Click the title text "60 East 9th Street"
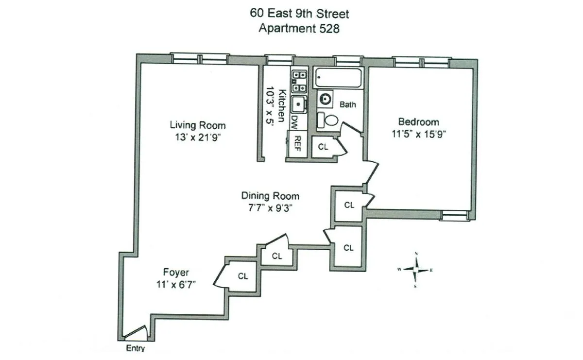(299, 13)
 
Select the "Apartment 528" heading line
(299, 28)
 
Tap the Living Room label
(197, 125)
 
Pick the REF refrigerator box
(297, 144)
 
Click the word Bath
(348, 104)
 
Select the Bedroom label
(418, 122)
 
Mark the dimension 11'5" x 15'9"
(418, 134)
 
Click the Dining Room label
(270, 196)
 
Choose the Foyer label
(176, 273)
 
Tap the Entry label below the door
(136, 348)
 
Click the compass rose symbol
(416, 269)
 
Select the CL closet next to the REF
(323, 146)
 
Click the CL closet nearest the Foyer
(243, 276)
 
